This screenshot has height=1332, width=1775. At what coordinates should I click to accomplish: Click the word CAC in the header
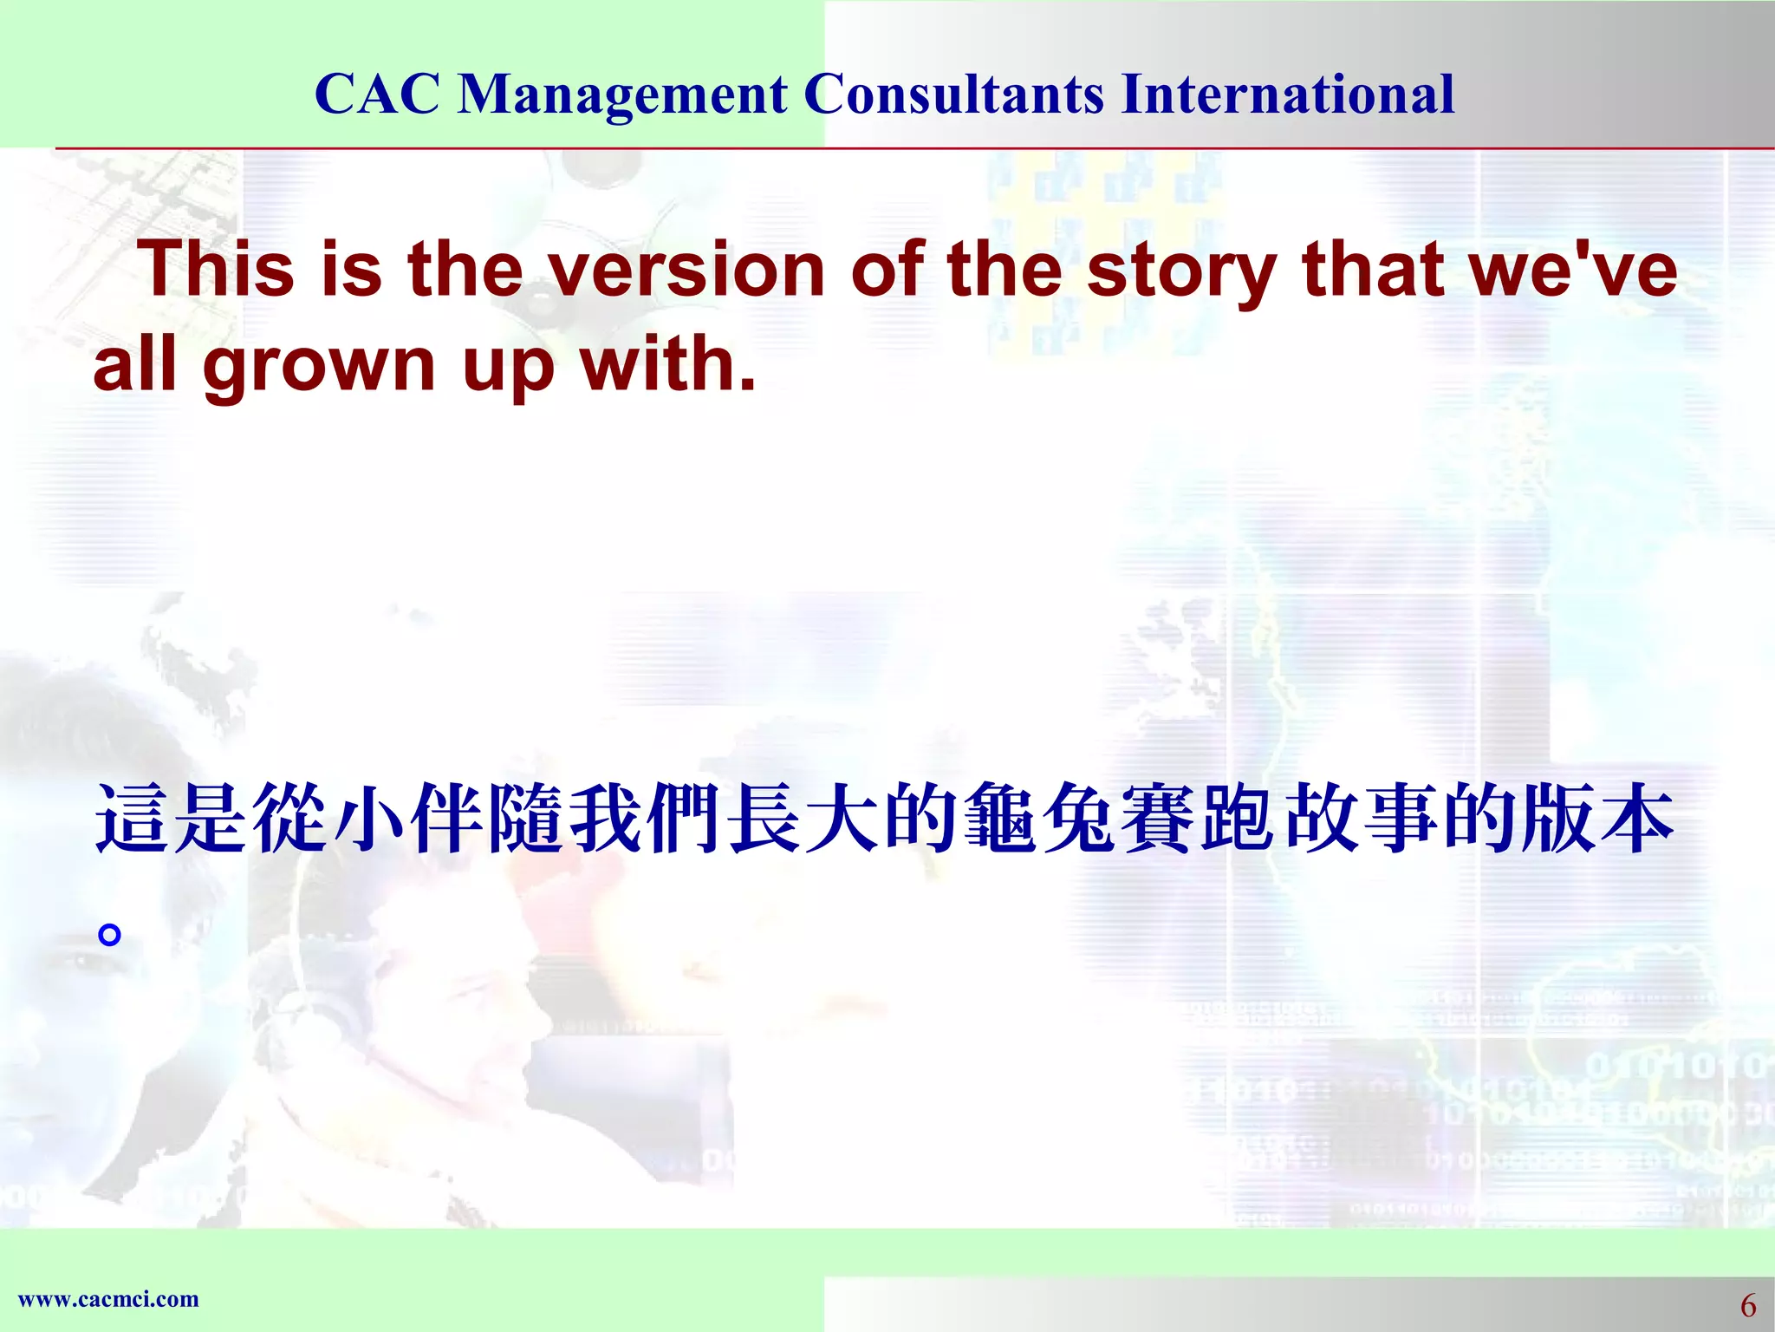[x=377, y=94]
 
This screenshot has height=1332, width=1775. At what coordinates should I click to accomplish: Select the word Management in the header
[x=622, y=94]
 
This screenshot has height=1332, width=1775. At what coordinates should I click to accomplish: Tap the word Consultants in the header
[x=953, y=94]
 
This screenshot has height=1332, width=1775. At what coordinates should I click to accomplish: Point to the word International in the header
[x=1287, y=94]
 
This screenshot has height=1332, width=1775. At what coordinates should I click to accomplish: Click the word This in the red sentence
[x=217, y=269]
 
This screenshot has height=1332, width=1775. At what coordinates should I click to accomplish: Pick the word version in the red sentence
[x=686, y=269]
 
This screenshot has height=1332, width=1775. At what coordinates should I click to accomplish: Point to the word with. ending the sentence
[x=667, y=364]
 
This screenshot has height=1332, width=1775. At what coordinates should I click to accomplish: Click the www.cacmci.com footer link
[x=108, y=1299]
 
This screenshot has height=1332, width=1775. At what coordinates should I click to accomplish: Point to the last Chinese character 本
[x=1634, y=818]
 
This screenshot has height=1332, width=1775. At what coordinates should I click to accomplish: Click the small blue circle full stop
[x=109, y=935]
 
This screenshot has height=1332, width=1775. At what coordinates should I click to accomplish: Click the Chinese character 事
[x=1397, y=818]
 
